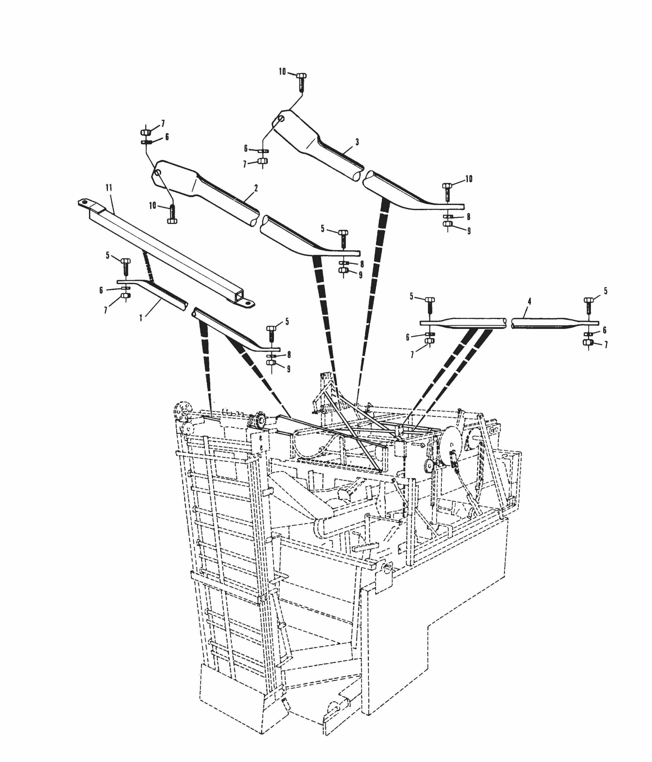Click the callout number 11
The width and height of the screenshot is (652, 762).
click(109, 188)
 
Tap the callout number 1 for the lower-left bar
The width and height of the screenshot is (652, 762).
click(141, 318)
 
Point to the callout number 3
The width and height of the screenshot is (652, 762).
click(357, 142)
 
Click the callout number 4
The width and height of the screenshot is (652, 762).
click(529, 302)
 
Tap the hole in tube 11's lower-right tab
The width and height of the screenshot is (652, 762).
click(248, 303)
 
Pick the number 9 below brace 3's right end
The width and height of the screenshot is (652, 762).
click(469, 231)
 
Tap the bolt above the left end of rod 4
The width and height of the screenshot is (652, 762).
click(430, 304)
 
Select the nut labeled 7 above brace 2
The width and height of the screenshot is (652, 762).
click(145, 132)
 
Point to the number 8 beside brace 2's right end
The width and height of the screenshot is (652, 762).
click(362, 264)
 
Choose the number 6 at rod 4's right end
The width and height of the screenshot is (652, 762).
click(605, 330)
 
